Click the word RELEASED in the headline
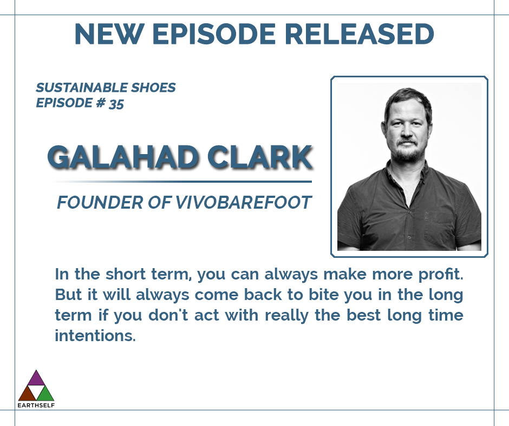click(x=360, y=34)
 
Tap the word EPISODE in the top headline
click(x=214, y=34)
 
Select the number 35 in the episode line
click(x=116, y=104)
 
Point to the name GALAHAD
click(x=123, y=157)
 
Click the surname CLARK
click(x=260, y=157)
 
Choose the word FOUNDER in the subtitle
click(x=100, y=203)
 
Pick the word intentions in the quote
click(x=95, y=336)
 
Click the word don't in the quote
click(x=168, y=315)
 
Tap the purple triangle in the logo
click(x=36, y=378)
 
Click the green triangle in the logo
click(x=45, y=394)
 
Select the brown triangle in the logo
click(x=27, y=394)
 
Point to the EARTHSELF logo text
click(x=36, y=405)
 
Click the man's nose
click(x=406, y=130)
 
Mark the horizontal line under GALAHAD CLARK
click(x=182, y=182)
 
